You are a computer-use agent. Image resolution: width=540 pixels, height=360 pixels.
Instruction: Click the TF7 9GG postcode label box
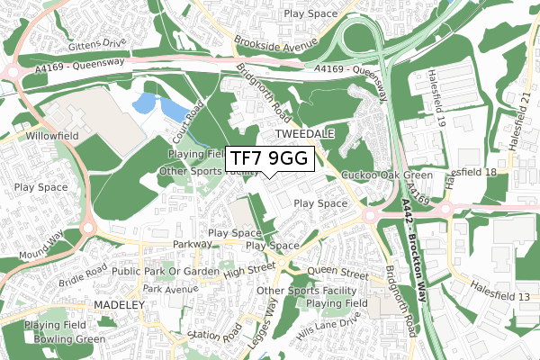[x=269, y=158]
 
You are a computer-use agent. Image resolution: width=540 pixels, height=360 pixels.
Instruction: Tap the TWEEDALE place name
[x=304, y=133]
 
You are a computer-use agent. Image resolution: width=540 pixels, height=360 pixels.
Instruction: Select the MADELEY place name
[x=119, y=305]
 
